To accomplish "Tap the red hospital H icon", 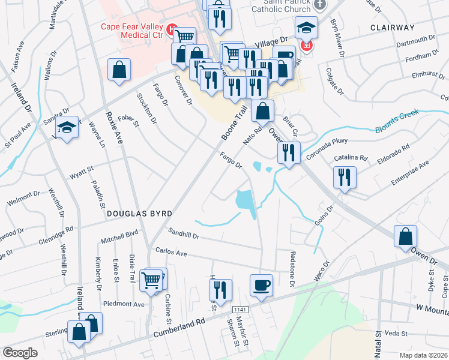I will pos(173,28).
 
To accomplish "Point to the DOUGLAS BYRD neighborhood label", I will pos(139,214).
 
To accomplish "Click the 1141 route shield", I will pos(241,308).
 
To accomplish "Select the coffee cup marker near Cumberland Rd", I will pos(261,285).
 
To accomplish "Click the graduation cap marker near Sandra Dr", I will pos(67,127).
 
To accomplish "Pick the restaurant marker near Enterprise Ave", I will pos(344,177).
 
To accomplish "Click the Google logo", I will pos(20,353).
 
